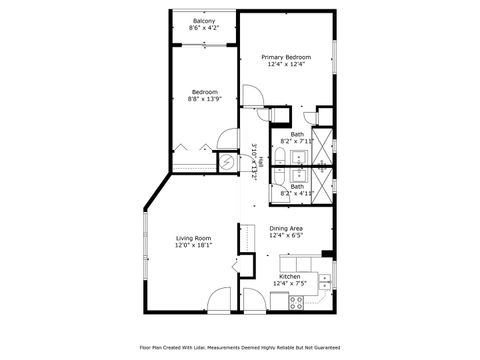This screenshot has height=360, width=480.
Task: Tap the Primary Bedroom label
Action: pyautogui.click(x=286, y=57)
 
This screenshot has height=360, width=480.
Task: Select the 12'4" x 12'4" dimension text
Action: pyautogui.click(x=286, y=65)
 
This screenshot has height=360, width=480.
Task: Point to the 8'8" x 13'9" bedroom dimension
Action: pyautogui.click(x=204, y=99)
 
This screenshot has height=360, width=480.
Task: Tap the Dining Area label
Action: pyautogui.click(x=286, y=228)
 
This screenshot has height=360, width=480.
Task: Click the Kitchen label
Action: pyautogui.click(x=290, y=275)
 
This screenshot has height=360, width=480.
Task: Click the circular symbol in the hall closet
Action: pyautogui.click(x=228, y=161)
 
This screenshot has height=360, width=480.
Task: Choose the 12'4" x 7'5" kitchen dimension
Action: pyautogui.click(x=290, y=283)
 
